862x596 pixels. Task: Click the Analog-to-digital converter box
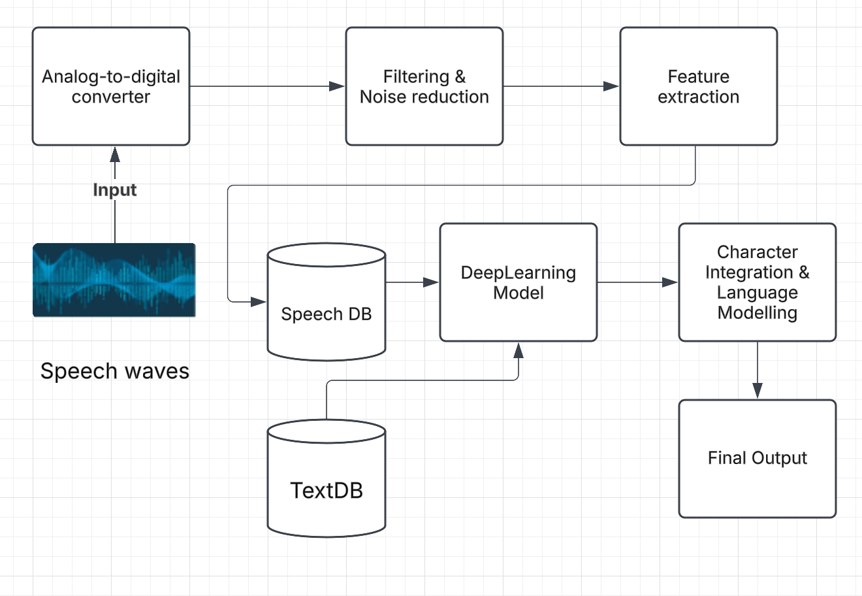[x=111, y=86]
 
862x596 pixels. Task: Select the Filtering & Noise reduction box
[x=424, y=86]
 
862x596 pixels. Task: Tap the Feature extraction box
[x=698, y=86]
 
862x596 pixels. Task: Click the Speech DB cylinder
[x=326, y=307]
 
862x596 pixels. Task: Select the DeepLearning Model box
[x=518, y=282]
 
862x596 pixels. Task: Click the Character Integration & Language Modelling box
[x=757, y=282]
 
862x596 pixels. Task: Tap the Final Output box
[x=757, y=458]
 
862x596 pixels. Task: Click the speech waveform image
[x=114, y=280]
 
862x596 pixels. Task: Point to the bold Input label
[x=114, y=190]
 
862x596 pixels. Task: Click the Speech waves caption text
[x=114, y=371]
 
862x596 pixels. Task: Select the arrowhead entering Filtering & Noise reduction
[x=338, y=86]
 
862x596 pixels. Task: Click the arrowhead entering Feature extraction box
[x=612, y=86]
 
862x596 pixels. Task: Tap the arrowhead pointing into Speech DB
[x=259, y=302]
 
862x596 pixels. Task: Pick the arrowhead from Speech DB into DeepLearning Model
[x=431, y=282]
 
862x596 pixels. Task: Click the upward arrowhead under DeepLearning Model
[x=519, y=350]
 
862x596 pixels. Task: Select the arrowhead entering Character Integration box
[x=671, y=282]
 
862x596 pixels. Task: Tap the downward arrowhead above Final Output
[x=757, y=391]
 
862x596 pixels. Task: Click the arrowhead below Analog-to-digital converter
[x=115, y=154]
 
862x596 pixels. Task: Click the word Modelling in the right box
[x=757, y=312]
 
